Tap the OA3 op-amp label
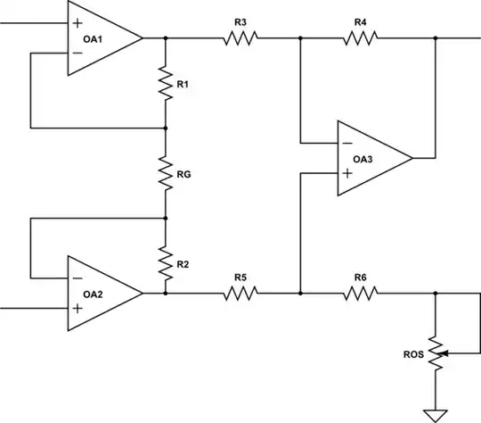tap(362, 159)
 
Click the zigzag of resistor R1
tap(166, 83)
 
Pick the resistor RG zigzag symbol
tap(166, 172)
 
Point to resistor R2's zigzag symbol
tap(166, 261)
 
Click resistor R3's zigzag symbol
tap(240, 38)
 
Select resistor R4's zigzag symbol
tap(360, 38)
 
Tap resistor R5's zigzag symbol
tap(240, 292)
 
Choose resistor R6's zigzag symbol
tap(360, 292)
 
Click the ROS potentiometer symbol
tap(436, 354)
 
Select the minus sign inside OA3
tap(346, 143)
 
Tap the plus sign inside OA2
tap(78, 308)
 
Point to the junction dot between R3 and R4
tap(301, 38)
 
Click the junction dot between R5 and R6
tap(301, 292)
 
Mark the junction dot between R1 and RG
tap(166, 128)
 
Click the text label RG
tap(184, 175)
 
